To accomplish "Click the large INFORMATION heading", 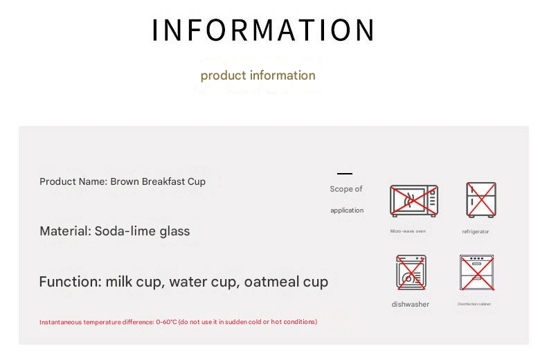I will point(264,30).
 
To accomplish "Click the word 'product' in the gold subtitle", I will point(224,75).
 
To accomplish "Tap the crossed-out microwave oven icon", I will point(413,201).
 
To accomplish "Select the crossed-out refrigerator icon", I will point(481,199).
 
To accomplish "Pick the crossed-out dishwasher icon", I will point(411,273).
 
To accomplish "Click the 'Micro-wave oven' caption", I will point(408,231).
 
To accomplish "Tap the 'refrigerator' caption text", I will point(476,231).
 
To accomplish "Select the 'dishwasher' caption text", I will point(411,304).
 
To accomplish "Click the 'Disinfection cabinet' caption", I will point(474,304).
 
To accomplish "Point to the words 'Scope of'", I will point(346,189).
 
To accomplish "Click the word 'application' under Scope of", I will point(347,210).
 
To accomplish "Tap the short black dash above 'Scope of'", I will point(345,174).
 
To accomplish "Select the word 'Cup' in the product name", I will point(196,181).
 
